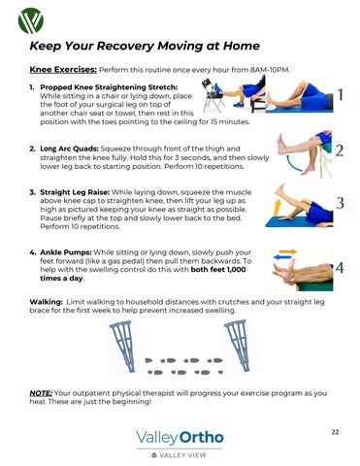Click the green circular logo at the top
[x=31, y=20]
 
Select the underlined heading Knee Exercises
[x=63, y=70]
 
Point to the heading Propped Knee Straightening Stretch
[x=109, y=87]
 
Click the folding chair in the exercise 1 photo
[x=213, y=96]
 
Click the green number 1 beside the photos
[x=340, y=95]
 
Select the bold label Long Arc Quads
[x=69, y=149]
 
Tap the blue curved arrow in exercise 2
[x=293, y=162]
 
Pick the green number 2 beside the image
[x=340, y=150]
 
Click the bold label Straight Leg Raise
[x=75, y=192]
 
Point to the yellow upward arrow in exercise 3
[x=278, y=207]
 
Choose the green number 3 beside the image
[x=340, y=203]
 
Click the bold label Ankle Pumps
[x=66, y=252]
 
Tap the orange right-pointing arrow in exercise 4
[x=288, y=251]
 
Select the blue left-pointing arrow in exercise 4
[x=282, y=257]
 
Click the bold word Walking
[x=46, y=302]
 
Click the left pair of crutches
[x=123, y=346]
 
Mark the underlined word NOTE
[x=41, y=393]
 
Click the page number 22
[x=335, y=432]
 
